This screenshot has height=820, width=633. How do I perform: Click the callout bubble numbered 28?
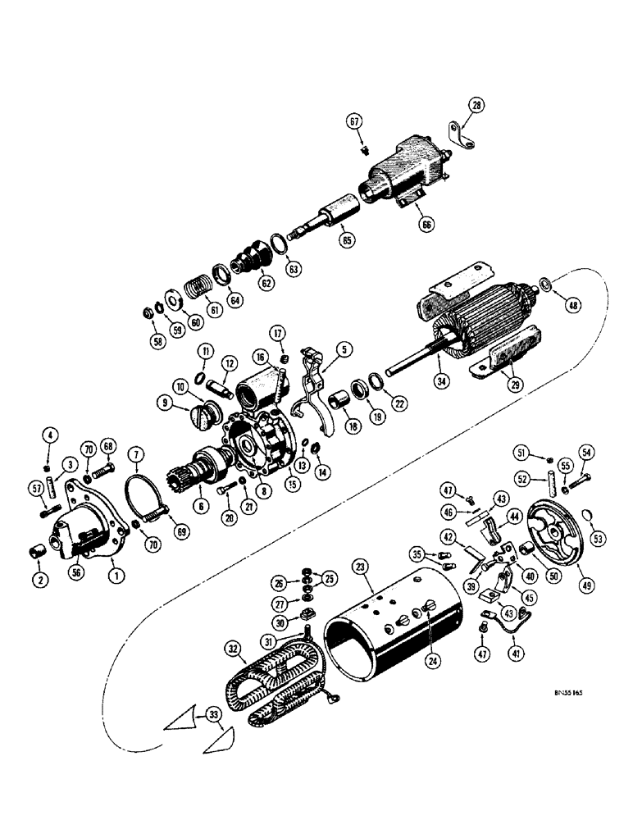(x=477, y=104)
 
